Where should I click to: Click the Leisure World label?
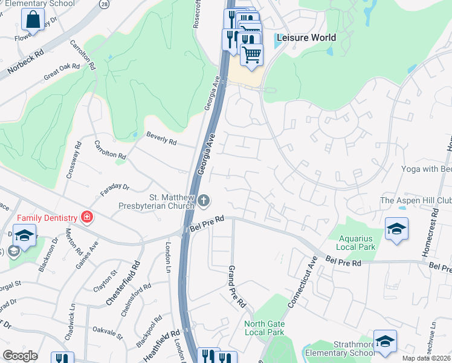pos(306,38)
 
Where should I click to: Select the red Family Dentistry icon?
pos(88,217)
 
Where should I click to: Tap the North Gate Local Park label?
pos(264,328)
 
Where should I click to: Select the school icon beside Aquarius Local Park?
pos(396,229)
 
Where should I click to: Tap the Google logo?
pos(20,356)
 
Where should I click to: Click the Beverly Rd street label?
pos(161,142)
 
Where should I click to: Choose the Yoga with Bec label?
pos(427,169)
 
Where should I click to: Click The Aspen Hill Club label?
pos(415,200)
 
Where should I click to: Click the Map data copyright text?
pos(427,358)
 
